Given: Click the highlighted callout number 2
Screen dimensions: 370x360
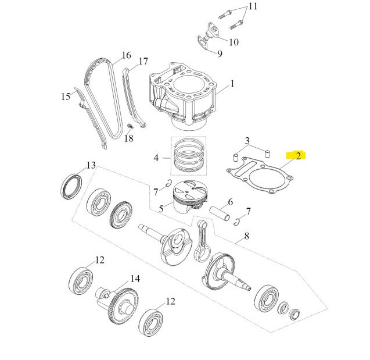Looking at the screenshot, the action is [x=299, y=156].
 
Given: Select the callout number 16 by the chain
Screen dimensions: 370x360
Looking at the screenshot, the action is [x=127, y=55].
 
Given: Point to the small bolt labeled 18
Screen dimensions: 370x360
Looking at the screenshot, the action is [x=130, y=126].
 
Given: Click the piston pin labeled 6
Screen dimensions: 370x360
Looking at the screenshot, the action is [x=220, y=213].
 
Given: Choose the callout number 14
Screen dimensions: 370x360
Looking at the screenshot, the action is [x=135, y=279].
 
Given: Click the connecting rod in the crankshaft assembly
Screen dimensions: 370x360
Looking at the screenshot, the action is [x=202, y=241].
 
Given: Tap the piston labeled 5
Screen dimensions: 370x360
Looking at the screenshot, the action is [x=190, y=197].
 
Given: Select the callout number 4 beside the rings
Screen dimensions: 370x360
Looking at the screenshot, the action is [x=156, y=158].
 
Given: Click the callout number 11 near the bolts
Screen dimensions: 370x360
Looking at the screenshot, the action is [x=253, y=6].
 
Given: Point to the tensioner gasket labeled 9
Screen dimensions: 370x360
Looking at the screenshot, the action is [x=203, y=42].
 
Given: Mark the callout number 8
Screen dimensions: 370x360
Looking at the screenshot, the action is [x=247, y=236].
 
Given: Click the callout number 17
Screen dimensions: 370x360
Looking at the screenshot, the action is [x=143, y=62].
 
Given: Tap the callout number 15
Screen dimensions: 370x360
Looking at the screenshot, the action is [x=66, y=97].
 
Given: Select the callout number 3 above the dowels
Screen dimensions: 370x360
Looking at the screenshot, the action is [x=247, y=141].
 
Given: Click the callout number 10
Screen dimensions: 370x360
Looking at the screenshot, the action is [x=234, y=42].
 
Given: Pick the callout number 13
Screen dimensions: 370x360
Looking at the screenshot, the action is [x=91, y=165].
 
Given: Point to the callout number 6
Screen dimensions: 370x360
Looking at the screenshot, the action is [x=230, y=202].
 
